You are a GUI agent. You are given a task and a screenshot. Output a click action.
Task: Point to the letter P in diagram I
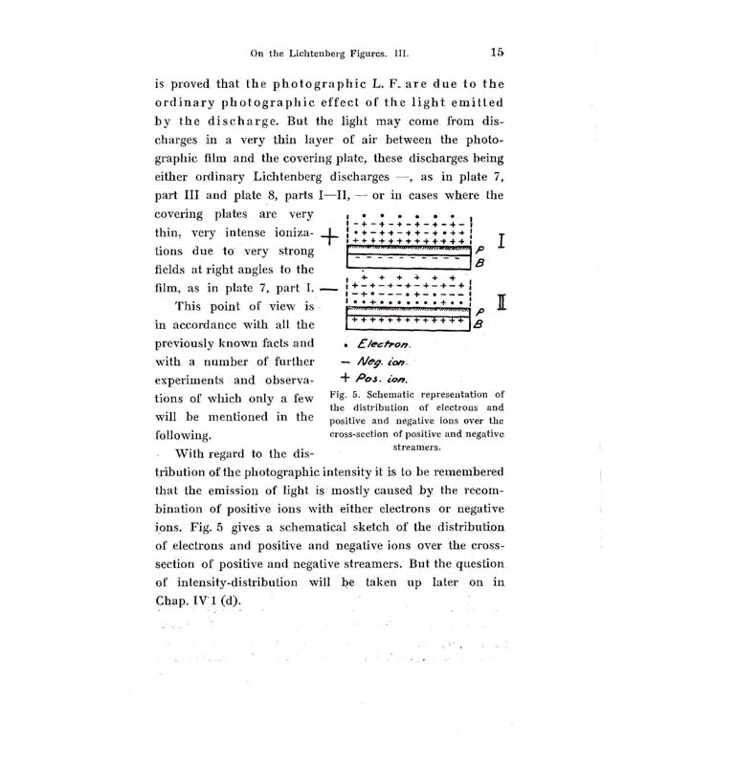(480, 246)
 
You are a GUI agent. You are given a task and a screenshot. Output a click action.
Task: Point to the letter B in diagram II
(480, 324)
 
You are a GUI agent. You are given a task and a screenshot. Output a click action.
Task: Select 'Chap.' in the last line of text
(173, 601)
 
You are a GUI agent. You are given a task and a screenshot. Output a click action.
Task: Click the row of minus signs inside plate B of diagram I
(406, 258)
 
